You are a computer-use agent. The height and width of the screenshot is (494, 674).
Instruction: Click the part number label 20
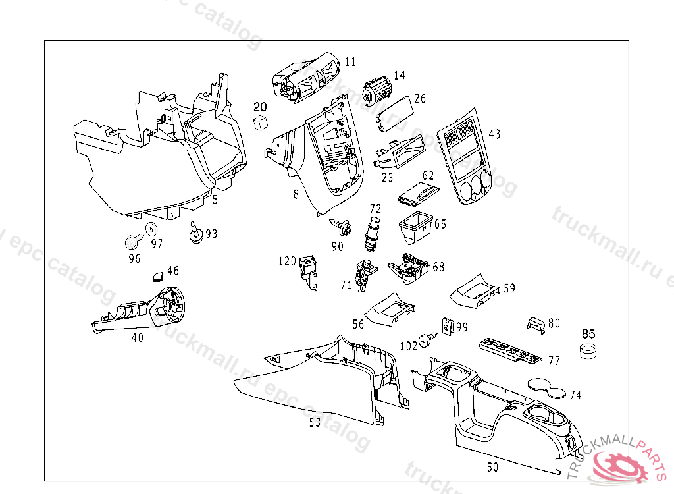pos(261,107)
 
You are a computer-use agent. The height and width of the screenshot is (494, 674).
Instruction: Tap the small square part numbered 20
pos(261,121)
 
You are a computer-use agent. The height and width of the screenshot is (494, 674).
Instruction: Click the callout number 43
pos(494,134)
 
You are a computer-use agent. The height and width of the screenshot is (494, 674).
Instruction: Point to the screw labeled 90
pos(342,226)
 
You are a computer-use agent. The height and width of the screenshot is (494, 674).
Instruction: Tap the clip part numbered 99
pos(448,325)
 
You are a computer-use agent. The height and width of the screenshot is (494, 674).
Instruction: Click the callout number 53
pos(315,422)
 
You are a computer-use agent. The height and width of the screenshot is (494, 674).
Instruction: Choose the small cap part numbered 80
pos(535,324)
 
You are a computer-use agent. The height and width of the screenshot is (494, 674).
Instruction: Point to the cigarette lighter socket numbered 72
pos(373,234)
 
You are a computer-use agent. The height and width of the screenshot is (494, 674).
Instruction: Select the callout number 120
pos(287,261)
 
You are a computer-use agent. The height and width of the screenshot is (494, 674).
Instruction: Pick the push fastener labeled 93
pos(195,233)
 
